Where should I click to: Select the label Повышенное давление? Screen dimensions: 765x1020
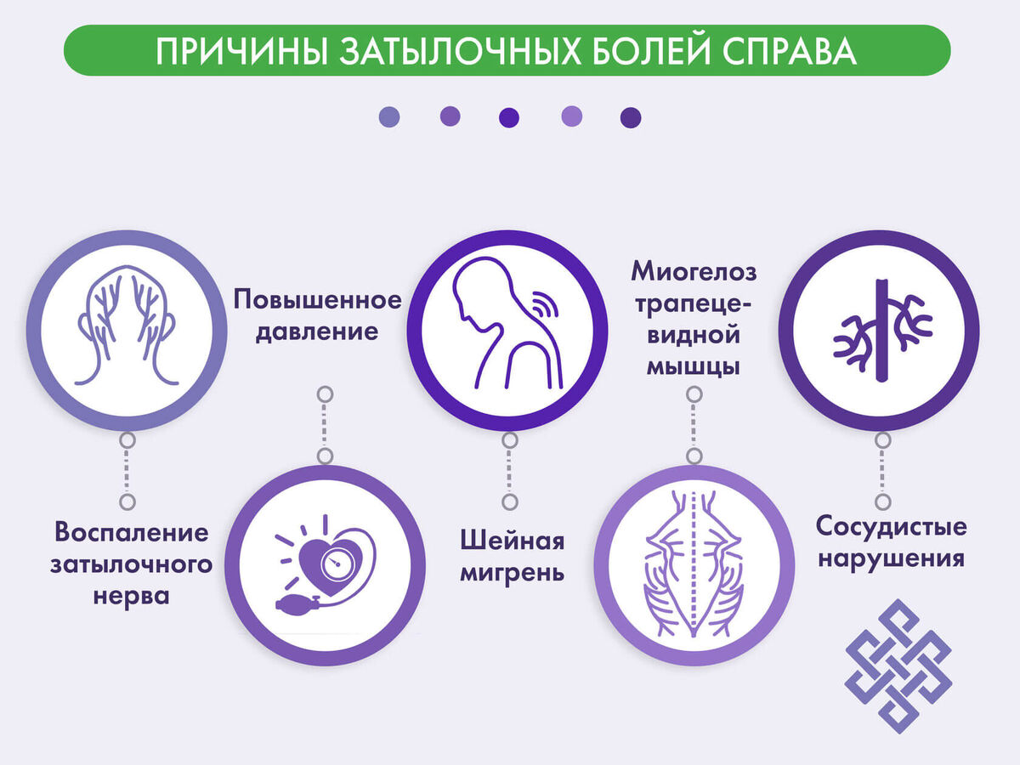point(317,314)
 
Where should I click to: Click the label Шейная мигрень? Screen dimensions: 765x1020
point(513,556)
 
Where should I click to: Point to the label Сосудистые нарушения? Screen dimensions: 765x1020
point(891,542)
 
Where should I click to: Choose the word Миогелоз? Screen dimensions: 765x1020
point(693,273)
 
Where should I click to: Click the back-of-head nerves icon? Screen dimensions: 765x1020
point(127,329)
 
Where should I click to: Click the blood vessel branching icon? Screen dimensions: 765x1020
point(879,330)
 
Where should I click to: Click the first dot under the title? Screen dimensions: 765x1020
point(389,117)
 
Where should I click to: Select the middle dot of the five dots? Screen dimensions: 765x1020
point(510,117)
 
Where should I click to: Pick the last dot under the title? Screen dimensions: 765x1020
point(631,117)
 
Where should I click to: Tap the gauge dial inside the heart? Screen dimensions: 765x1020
point(334,563)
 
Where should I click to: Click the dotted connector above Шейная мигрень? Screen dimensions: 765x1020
point(509,471)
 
